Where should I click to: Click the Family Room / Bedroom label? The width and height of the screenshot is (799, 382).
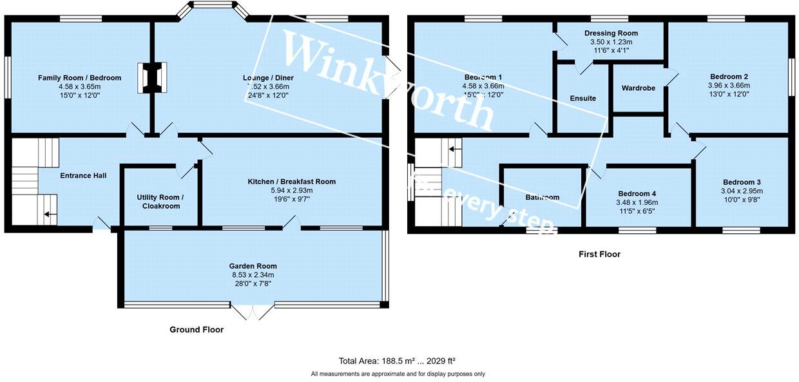79,78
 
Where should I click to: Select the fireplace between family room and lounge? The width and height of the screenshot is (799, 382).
153,77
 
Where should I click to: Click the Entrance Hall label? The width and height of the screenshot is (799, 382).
83,175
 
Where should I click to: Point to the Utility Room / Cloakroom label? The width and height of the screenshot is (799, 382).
160,202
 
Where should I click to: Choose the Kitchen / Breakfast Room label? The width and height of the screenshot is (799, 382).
291,182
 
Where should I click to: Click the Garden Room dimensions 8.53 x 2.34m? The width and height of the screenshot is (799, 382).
253,274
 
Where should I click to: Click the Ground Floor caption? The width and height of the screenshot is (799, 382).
197,330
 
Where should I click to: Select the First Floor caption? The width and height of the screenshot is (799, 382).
599,254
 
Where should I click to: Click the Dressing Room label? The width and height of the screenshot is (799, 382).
611,33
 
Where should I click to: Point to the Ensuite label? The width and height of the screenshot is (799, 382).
582,99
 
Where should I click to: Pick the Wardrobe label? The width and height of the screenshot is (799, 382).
638,88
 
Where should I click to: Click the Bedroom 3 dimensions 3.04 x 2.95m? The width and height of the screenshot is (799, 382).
742,191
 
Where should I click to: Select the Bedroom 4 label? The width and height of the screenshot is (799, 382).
637,194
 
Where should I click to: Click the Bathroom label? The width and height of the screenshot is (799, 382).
542,197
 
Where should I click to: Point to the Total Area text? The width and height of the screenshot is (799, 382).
398,361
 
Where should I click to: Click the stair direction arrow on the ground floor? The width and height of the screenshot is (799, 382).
49,216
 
